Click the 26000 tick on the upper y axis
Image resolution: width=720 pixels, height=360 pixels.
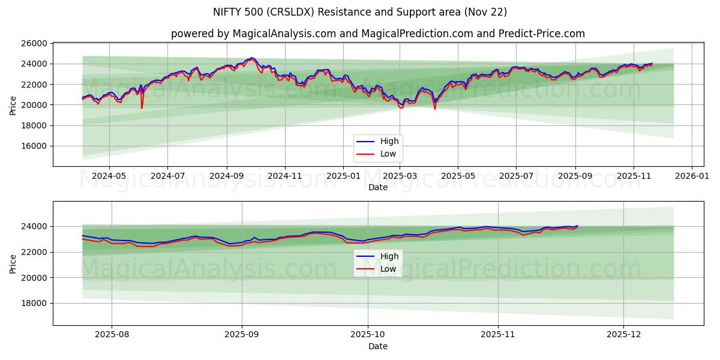(34, 43)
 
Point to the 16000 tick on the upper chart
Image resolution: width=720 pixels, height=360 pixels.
(34, 146)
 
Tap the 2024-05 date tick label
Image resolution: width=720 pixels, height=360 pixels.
(109, 176)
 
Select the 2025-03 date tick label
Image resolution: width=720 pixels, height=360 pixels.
(400, 176)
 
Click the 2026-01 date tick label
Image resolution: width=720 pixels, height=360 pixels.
(692, 176)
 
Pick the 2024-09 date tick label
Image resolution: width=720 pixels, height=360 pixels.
(226, 176)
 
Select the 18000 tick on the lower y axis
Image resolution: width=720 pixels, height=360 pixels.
(34, 303)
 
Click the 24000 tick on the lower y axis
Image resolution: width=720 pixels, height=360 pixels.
(34, 226)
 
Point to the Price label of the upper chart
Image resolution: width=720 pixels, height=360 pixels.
(13, 104)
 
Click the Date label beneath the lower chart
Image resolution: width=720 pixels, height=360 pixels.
(378, 346)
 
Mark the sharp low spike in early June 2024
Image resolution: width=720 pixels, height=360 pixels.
(142, 107)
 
